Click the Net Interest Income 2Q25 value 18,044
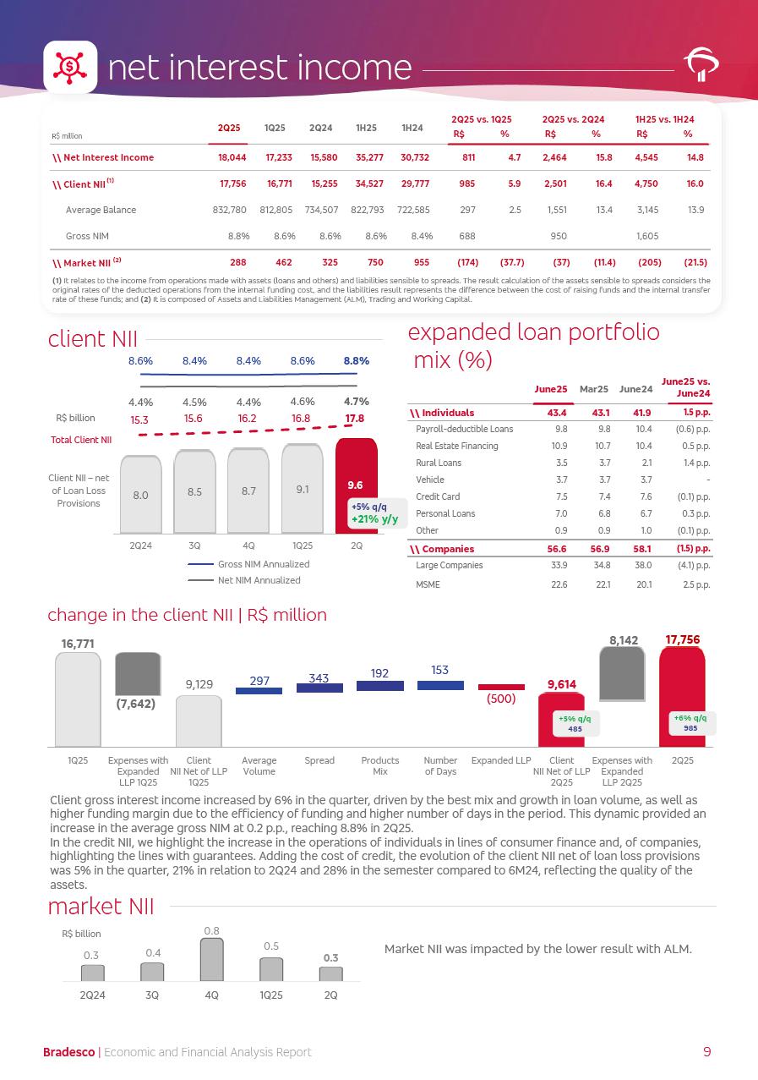click(229, 157)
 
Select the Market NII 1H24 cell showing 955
click(412, 262)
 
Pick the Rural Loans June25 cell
click(549, 463)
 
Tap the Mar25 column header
click(594, 388)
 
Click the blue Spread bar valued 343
click(319, 688)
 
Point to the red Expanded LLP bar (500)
click(501, 687)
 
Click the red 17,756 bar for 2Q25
click(682, 695)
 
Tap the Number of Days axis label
click(440, 765)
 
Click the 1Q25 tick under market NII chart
click(270, 995)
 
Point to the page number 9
click(706, 1052)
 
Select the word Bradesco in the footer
click(69, 1052)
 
